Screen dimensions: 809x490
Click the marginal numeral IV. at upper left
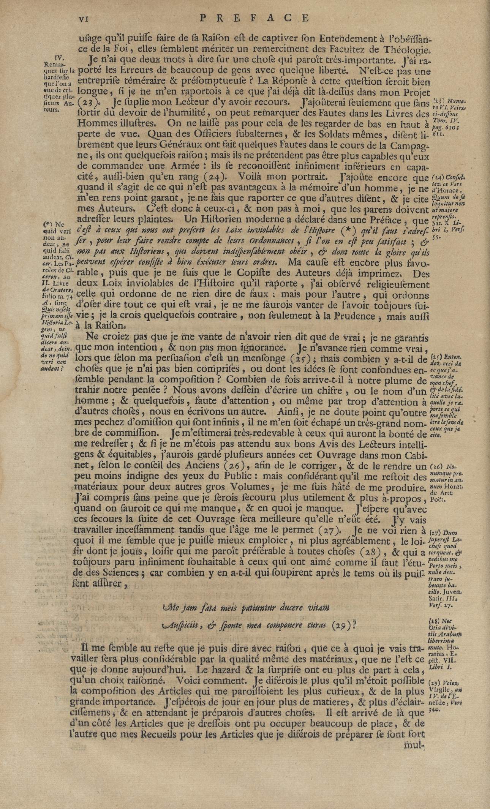(x=59, y=58)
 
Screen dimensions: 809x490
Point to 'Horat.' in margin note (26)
(x=451, y=487)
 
